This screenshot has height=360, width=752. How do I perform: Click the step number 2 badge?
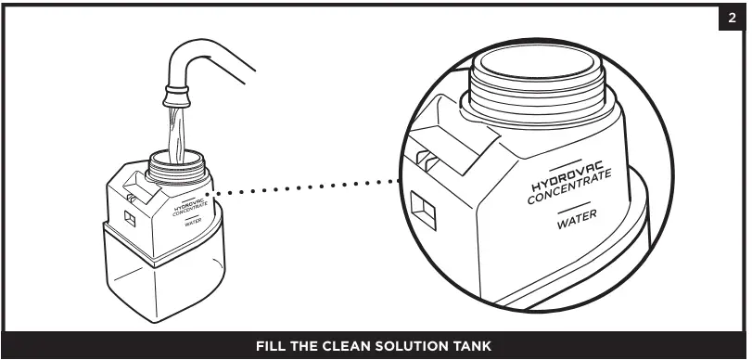pyautogui.click(x=732, y=19)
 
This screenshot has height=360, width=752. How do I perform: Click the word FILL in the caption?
pyautogui.click(x=270, y=346)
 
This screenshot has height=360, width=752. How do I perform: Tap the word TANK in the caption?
pyautogui.click(x=474, y=346)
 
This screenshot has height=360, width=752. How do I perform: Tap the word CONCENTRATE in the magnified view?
pyautogui.click(x=569, y=186)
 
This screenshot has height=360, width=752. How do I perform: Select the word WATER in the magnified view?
pyautogui.click(x=577, y=219)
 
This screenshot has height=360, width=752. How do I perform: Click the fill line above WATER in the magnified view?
pyautogui.click(x=574, y=206)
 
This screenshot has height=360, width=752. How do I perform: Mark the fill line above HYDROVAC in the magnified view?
pyautogui.click(x=566, y=164)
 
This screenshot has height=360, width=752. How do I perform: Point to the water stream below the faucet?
pyautogui.click(x=176, y=135)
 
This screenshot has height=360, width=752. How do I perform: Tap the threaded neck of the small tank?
pyautogui.click(x=176, y=168)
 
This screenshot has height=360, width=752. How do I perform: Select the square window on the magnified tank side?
pyautogui.click(x=423, y=211)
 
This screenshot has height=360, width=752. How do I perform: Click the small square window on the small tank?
pyautogui.click(x=130, y=218)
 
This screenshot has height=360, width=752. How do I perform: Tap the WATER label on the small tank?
pyautogui.click(x=192, y=223)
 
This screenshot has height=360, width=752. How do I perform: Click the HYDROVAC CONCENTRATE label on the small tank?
pyautogui.click(x=190, y=207)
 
